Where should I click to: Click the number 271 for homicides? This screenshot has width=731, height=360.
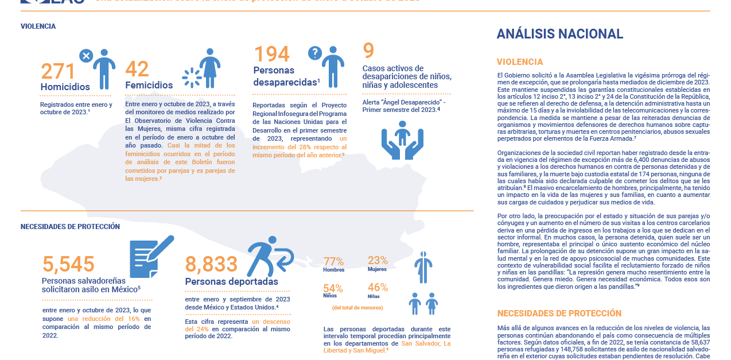pyautogui.click(x=58, y=72)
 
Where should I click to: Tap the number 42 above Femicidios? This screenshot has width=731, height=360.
pyautogui.click(x=137, y=69)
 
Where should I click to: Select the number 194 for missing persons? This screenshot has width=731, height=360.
pyautogui.click(x=271, y=55)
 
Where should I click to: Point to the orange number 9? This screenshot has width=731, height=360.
pyautogui.click(x=368, y=51)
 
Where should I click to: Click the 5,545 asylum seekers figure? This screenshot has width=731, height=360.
pyautogui.click(x=68, y=264)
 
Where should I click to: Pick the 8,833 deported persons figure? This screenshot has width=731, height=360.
pyautogui.click(x=211, y=264)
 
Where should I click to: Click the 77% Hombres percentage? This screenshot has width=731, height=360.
pyautogui.click(x=333, y=262)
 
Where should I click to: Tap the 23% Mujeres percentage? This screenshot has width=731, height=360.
pyautogui.click(x=378, y=261)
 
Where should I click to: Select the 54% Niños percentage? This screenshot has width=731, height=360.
pyautogui.click(x=333, y=288)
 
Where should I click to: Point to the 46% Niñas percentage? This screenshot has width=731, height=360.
pyautogui.click(x=378, y=288)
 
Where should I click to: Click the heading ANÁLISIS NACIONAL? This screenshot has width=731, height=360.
pyautogui.click(x=559, y=34)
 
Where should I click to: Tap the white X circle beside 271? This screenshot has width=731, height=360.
pyautogui.click(x=85, y=56)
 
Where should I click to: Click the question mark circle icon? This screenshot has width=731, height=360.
pyautogui.click(x=314, y=53)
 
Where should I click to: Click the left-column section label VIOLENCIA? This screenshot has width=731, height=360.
pyautogui.click(x=38, y=26)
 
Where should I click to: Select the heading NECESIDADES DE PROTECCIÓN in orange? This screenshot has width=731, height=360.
pyautogui.click(x=559, y=313)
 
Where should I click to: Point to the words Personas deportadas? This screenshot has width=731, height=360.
pyautogui.click(x=231, y=282)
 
